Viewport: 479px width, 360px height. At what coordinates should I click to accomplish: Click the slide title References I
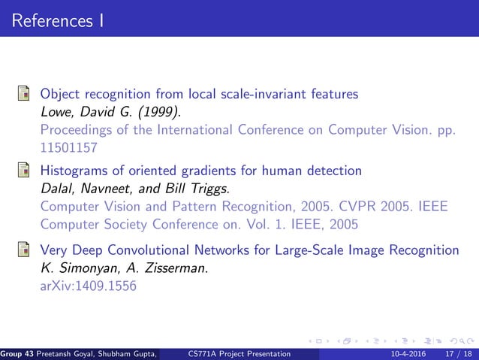pos(58,20)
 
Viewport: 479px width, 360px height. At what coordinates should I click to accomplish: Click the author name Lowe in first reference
pos(57,112)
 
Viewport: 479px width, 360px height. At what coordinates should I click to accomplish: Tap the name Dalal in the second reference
pos(57,188)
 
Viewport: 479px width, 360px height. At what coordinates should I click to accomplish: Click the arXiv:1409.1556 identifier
pos(88,285)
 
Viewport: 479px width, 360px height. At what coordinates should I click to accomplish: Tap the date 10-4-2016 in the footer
pos(405,353)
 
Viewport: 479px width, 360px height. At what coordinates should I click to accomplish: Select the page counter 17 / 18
pos(456,353)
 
